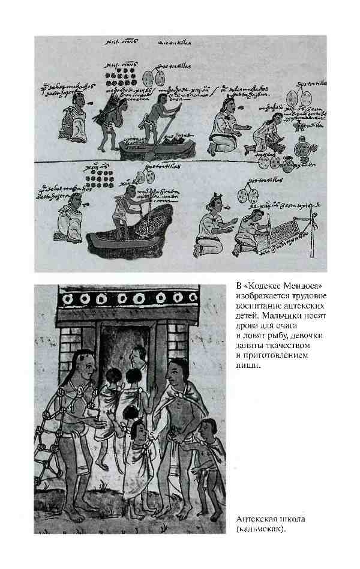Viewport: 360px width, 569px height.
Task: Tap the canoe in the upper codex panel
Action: [x=155, y=147]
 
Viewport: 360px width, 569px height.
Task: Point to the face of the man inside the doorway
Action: [x=139, y=358]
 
